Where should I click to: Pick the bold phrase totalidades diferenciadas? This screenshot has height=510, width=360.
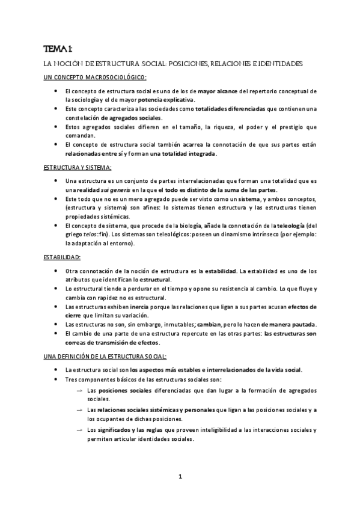pyautogui.click(x=231, y=109)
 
